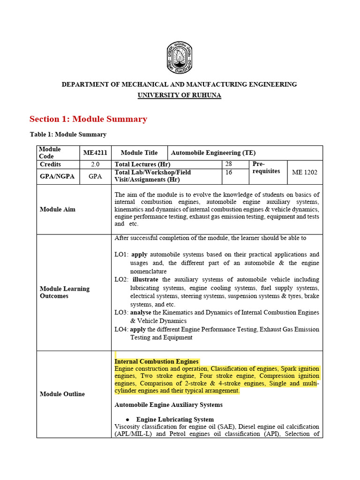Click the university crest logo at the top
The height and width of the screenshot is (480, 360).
180,59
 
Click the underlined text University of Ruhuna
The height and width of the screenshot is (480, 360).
180,95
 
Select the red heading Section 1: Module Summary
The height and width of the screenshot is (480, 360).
88,119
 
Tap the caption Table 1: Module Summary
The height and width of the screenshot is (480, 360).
68,135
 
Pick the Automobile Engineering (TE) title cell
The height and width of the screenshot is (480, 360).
213,153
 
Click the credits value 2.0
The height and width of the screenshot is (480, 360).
95,165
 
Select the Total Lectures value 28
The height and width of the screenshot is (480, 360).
229,164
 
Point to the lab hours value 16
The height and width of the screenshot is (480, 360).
229,172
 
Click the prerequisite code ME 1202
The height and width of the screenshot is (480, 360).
305,172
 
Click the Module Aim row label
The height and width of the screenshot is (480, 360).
57,210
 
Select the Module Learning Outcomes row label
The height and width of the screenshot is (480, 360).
64,292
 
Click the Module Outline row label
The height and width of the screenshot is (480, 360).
62,394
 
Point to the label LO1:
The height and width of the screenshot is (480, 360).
121,255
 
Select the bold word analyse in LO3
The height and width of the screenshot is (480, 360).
140,313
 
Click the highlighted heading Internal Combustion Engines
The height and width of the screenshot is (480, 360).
157,361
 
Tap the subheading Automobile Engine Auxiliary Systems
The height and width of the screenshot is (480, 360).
168,405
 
